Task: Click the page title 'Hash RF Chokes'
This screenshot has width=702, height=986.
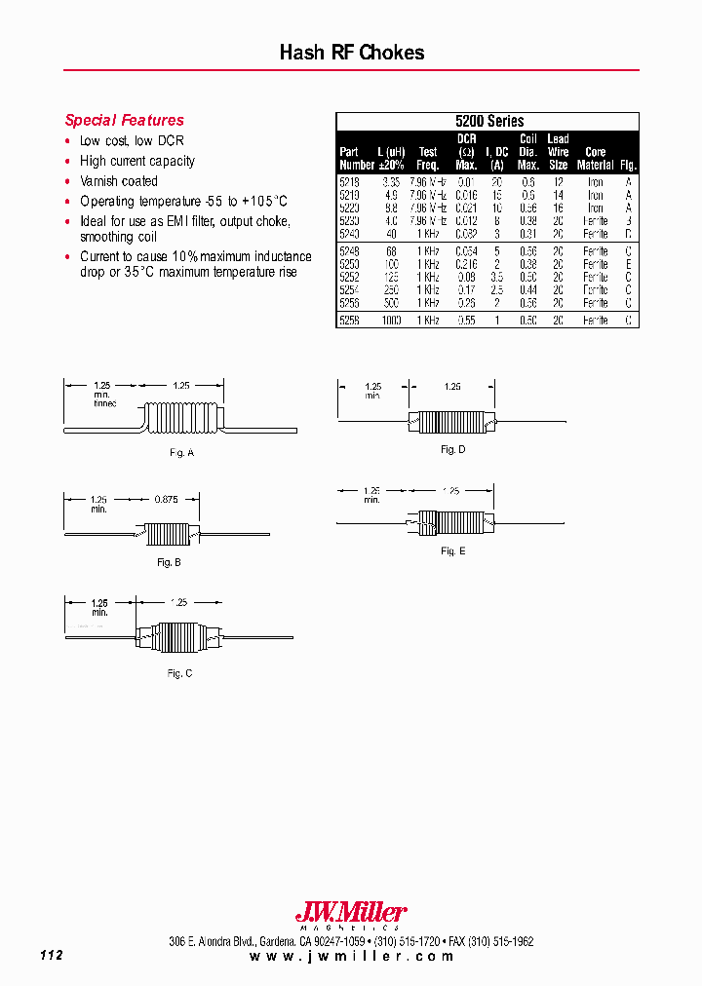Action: pos(351,53)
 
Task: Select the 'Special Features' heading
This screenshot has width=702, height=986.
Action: pos(124,121)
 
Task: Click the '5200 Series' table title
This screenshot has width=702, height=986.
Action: pos(488,122)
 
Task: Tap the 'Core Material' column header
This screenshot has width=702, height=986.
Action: pos(595,159)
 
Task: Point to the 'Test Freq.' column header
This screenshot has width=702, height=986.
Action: pos(428,159)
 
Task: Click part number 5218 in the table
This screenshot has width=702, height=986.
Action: pos(349,182)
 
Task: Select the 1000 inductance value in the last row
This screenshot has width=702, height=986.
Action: pos(391,320)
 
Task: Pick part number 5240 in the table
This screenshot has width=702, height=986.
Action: pos(349,234)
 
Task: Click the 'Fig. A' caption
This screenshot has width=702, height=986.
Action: pos(182,453)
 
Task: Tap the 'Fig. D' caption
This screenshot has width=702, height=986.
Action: pos(452,449)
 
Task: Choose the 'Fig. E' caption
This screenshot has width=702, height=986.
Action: pos(452,551)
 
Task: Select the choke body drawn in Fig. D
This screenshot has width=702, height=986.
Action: pos(449,422)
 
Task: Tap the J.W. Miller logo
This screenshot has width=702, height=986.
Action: pos(351,914)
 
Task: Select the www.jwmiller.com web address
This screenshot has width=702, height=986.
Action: pos(351,957)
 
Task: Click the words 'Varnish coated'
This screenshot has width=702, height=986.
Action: pos(118,181)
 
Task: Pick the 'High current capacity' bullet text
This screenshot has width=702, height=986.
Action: pos(136,161)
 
